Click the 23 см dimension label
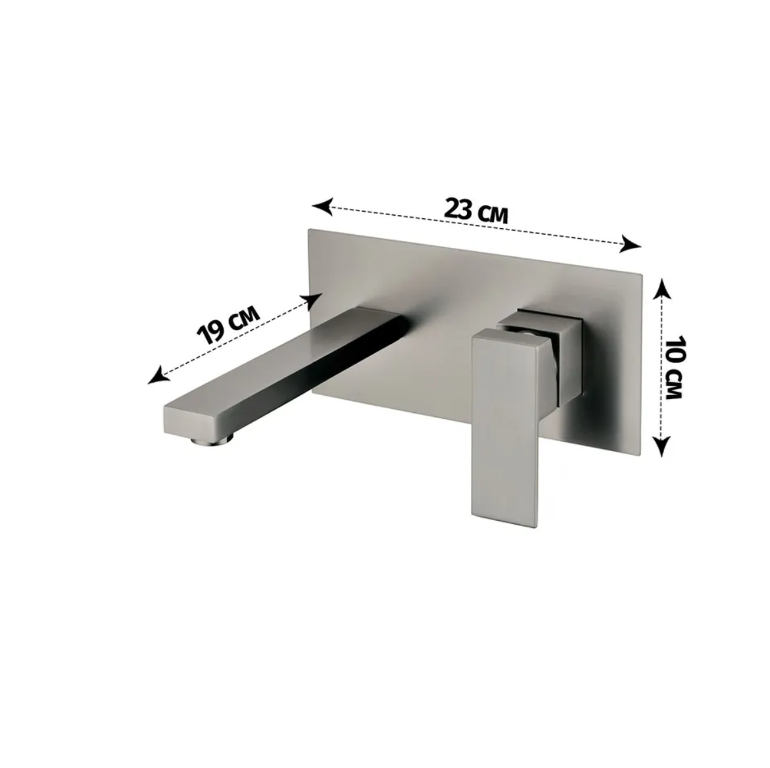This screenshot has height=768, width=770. click(x=476, y=211)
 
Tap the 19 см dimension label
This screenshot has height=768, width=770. click(x=228, y=325)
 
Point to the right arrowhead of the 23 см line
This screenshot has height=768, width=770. click(x=631, y=243)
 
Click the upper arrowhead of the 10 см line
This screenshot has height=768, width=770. click(x=662, y=288)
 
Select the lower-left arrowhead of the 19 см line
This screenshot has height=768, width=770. click(x=158, y=375)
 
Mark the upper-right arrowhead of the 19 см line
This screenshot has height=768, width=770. click(x=311, y=301)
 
